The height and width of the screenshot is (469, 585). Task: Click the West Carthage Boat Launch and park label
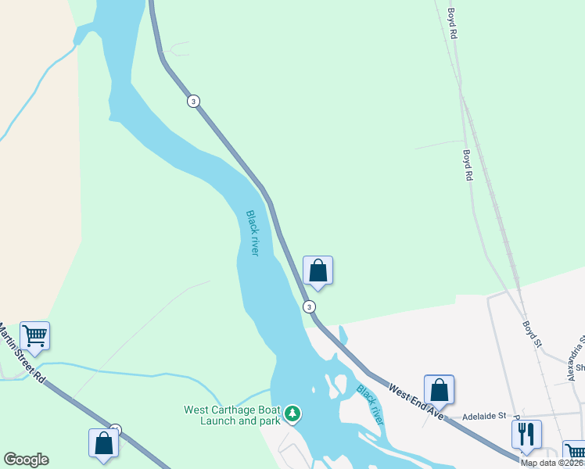click(231, 414)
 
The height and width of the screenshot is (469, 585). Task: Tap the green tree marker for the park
click(292, 412)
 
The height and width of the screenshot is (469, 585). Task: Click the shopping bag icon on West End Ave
click(439, 388)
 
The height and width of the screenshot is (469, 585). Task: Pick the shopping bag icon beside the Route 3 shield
click(318, 270)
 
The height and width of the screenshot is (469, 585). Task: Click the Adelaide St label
click(486, 417)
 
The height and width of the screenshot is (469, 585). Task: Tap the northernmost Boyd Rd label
click(452, 24)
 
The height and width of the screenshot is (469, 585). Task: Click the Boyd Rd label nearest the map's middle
click(468, 166)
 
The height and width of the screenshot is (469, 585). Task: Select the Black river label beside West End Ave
click(370, 403)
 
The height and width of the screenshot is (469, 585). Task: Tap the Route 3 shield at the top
click(193, 101)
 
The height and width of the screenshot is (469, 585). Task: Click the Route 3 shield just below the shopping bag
click(310, 306)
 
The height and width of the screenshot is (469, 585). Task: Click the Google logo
click(26, 460)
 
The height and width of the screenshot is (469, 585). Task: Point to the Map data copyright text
click(552, 463)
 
